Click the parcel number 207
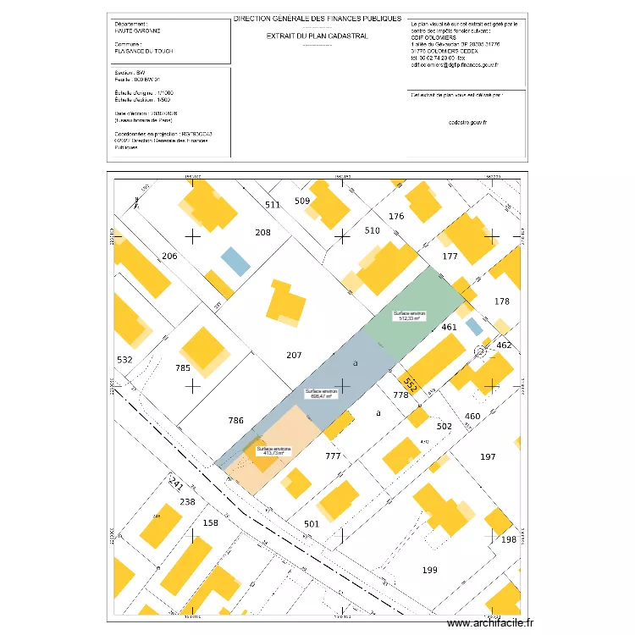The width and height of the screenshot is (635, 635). click(x=295, y=356)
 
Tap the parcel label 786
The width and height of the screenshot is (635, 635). click(x=236, y=420)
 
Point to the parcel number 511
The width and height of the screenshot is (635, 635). click(x=272, y=206)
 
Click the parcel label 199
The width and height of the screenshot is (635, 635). click(x=430, y=571)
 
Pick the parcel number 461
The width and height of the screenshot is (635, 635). click(x=450, y=327)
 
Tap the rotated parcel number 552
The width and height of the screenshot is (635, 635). click(x=411, y=384)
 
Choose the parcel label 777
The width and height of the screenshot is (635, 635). click(x=333, y=456)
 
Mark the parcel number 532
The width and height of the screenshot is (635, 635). click(x=124, y=360)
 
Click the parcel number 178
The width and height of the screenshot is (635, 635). click(x=502, y=301)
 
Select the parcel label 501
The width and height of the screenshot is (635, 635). click(x=312, y=524)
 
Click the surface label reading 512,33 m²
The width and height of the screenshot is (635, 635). click(x=409, y=316)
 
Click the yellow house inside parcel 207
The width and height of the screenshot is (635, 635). click(x=285, y=303)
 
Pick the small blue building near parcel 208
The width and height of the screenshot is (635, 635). click(x=235, y=261)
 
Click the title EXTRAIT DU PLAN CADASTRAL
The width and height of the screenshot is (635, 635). click(x=317, y=36)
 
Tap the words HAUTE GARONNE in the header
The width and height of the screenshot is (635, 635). click(x=137, y=30)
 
